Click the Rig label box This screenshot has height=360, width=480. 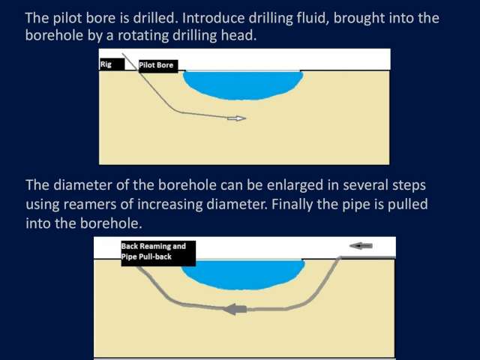(112, 64)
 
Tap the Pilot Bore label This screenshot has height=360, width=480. (158, 66)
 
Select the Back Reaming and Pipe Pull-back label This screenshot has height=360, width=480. (158, 253)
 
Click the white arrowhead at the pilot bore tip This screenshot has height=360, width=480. (237, 118)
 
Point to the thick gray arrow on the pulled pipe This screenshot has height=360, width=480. (235, 309)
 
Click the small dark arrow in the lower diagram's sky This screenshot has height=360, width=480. (361, 245)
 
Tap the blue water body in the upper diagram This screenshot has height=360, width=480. (243, 85)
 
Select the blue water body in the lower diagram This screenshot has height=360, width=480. (243, 274)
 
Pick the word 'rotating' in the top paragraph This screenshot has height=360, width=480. (143, 36)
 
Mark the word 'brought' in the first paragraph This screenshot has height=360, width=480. (359, 18)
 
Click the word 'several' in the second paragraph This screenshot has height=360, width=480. (364, 185)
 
